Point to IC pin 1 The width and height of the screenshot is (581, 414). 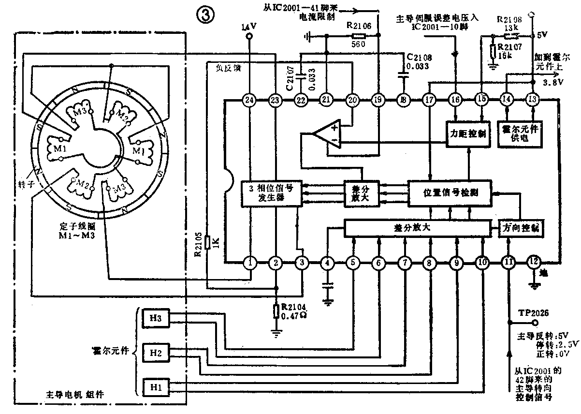[x=249, y=263]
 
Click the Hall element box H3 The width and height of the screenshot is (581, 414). [x=156, y=317]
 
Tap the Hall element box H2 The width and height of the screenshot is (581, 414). [x=156, y=353]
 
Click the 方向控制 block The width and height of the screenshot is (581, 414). [x=519, y=228]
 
